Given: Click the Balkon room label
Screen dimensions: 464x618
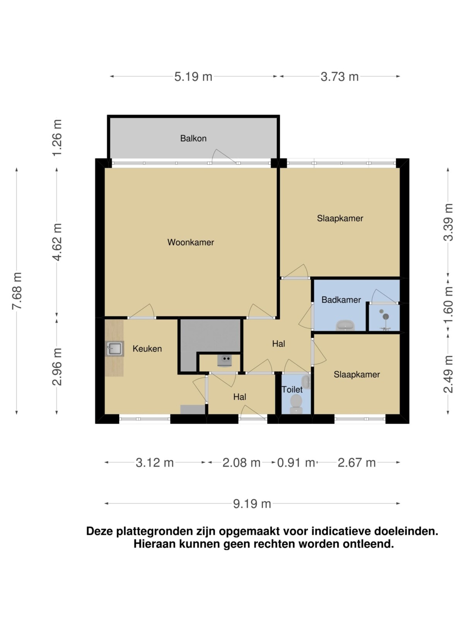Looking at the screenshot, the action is pos(193,138).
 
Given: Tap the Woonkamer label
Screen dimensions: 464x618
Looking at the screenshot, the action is pos(191,242).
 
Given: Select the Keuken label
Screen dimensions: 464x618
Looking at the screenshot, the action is pos(147,349).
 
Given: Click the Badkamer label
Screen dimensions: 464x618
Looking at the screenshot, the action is pos(341,300).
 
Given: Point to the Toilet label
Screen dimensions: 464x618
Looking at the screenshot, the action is pos(292,390).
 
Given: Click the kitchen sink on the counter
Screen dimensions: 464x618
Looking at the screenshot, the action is pos(114,349).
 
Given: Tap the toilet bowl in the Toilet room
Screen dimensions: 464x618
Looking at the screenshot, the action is pos(296,404).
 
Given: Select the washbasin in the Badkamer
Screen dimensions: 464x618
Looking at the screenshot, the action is pos(345,326).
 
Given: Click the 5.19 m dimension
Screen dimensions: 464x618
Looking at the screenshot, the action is pos(193,76).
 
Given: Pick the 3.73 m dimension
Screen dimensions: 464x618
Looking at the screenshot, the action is pos(339,76).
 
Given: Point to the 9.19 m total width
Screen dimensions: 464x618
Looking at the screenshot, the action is pos(252,504).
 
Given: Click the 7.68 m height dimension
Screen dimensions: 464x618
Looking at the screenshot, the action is pos(17,291).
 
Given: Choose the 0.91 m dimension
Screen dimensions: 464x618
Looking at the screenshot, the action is pos(296,463).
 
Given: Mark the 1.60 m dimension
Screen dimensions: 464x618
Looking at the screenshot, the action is pos(448,305).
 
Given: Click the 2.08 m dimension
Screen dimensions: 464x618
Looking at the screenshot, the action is pos(241,463).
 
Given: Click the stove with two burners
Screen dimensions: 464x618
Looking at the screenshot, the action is pos(225,361).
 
